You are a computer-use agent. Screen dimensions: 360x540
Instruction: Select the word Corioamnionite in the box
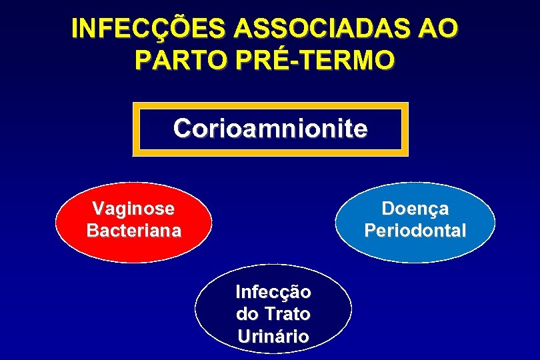click(270, 129)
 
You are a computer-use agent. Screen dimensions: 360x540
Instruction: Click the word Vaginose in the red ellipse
click(133, 209)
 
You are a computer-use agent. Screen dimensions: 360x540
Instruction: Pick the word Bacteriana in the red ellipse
click(133, 231)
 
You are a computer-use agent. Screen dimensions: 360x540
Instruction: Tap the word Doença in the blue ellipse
click(415, 209)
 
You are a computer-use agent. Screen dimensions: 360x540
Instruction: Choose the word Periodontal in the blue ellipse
click(415, 231)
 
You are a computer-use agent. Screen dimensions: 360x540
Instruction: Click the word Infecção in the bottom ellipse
click(273, 292)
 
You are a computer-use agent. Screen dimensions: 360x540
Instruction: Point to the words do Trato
click(273, 313)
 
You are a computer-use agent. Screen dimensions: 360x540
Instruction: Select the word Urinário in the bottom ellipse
click(273, 336)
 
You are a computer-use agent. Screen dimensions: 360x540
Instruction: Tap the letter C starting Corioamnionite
click(181, 129)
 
